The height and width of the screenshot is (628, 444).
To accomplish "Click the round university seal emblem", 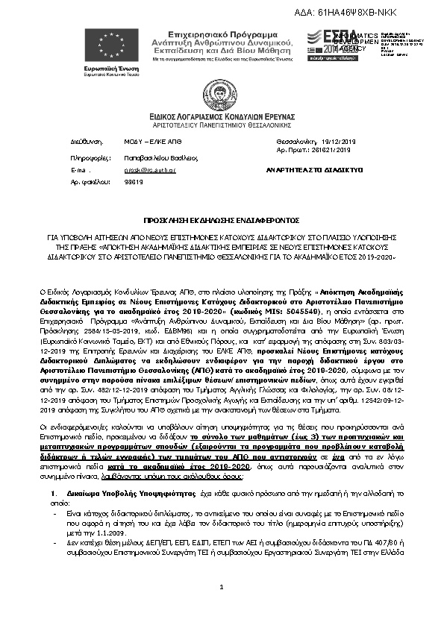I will [222, 92].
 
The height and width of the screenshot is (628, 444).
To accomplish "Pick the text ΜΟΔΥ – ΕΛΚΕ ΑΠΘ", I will [148, 140].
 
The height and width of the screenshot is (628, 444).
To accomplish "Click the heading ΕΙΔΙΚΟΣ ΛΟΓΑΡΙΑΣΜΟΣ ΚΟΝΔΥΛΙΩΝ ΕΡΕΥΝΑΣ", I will [221, 118].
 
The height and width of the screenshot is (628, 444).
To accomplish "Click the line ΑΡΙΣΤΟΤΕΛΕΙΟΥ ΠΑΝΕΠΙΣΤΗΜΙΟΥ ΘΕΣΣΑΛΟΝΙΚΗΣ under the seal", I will [221, 126].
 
